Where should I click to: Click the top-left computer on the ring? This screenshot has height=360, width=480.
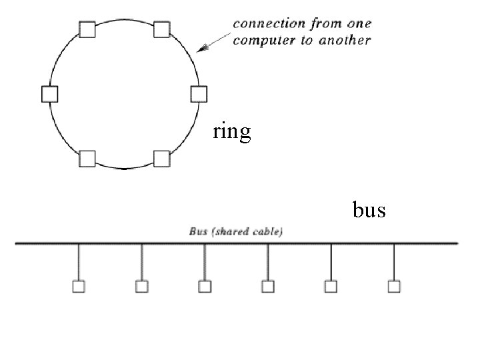pos(87,29)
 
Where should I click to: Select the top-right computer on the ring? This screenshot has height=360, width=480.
pos(162,29)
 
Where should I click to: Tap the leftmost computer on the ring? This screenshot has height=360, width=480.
pos(49,94)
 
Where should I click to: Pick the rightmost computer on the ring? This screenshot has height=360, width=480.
pos(199,94)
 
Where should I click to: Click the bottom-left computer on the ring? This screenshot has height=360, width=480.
pos(87,159)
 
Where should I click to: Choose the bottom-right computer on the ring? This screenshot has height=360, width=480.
pos(162,159)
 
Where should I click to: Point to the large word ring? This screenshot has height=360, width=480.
pos(232,131)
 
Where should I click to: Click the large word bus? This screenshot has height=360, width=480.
pos(369,210)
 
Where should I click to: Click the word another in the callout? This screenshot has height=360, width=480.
pos(345,40)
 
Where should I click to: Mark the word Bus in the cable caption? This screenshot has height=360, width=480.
pos(198,232)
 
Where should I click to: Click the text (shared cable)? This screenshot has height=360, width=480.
pos(246,232)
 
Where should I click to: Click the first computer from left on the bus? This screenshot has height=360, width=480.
pos(79,287)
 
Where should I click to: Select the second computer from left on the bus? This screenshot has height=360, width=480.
pos(141,287)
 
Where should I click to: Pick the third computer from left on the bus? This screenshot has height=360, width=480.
pos(205,287)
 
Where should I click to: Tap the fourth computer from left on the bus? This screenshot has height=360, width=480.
pos(268,287)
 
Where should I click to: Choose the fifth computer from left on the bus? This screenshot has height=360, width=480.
pos(331,287)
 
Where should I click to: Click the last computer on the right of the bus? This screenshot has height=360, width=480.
pos(394,287)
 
